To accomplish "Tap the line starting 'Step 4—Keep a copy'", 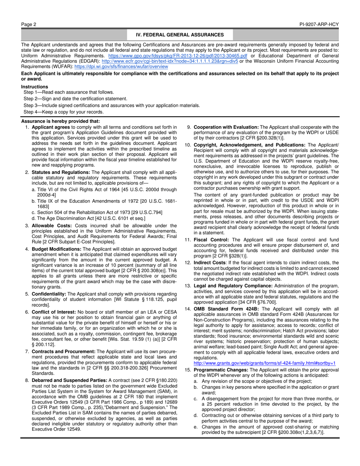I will [x=63, y=112].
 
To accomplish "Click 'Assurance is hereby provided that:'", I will [x=55, y=121].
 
